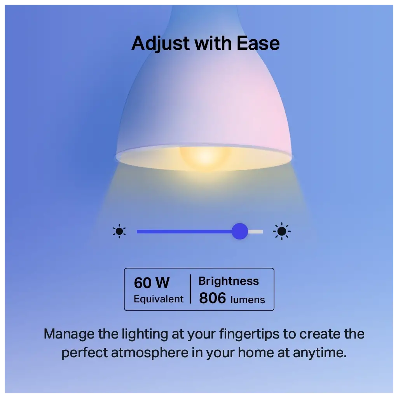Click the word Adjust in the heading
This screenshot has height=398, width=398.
pyautogui.click(x=161, y=44)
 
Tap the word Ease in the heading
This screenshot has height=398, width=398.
pyautogui.click(x=258, y=43)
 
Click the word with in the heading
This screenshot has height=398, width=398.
pyautogui.click(x=213, y=43)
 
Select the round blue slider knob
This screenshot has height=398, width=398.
pyautogui.click(x=239, y=231)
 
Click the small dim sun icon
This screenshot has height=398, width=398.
pyautogui.click(x=119, y=231)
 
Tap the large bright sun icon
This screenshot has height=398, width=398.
pyautogui.click(x=282, y=231)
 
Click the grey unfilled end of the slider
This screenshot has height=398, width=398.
pyautogui.click(x=255, y=232)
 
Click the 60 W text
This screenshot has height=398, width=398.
pyautogui.click(x=152, y=283)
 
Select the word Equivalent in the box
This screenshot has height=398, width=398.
pyautogui.click(x=159, y=299)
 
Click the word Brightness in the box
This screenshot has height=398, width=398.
pyautogui.click(x=229, y=281)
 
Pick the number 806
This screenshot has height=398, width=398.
pyautogui.click(x=213, y=298)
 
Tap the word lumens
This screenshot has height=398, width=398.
pyautogui.click(x=248, y=300)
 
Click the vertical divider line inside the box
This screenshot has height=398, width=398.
pyautogui.click(x=190, y=289)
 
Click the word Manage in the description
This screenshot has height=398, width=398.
pyautogui.click(x=69, y=334)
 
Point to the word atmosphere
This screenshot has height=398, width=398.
pyautogui.click(x=150, y=353)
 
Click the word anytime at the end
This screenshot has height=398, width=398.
pyautogui.click(x=320, y=353)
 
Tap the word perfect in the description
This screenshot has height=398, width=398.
pyautogui.click(x=84, y=353)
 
